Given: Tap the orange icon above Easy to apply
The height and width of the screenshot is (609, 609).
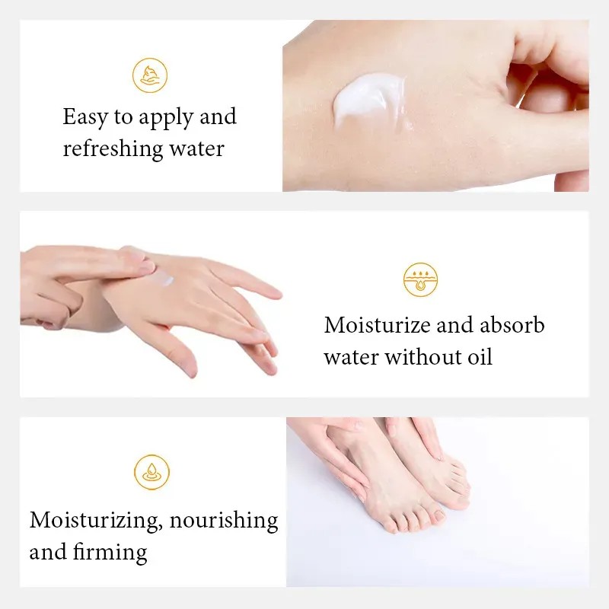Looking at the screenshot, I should (149, 75).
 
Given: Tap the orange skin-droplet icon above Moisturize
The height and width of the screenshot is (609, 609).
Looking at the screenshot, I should (420, 279).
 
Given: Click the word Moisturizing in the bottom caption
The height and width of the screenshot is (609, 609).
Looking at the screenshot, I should (94, 521).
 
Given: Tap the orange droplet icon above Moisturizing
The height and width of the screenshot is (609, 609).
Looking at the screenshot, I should (151, 472).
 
